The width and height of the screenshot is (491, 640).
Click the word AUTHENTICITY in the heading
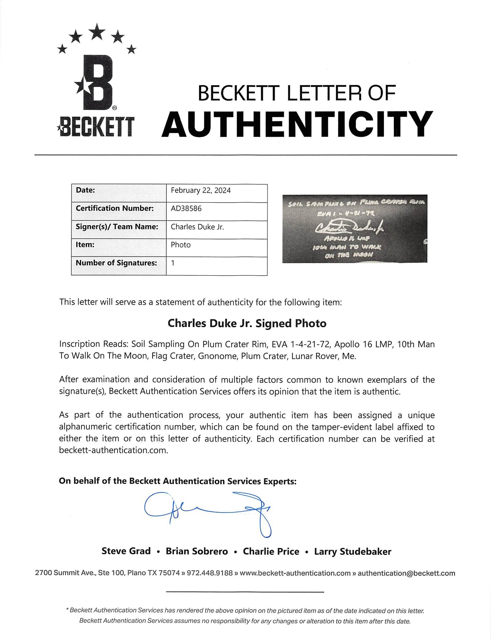click(297, 125)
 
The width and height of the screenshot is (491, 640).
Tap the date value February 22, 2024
click(201, 190)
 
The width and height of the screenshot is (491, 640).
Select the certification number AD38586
click(186, 209)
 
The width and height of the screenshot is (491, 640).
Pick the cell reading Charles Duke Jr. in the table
click(197, 227)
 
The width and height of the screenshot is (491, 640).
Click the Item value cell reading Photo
click(181, 245)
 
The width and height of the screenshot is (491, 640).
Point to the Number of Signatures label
click(116, 263)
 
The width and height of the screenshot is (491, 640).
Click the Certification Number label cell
click(115, 209)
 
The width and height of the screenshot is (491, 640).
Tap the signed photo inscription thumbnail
click(355, 229)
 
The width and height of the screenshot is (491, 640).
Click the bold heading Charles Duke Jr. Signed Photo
click(247, 324)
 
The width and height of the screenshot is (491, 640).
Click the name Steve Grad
click(126, 551)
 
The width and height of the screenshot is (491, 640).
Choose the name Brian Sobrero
click(197, 551)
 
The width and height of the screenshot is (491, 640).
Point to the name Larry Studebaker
click(353, 551)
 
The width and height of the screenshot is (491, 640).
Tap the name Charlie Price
click(271, 551)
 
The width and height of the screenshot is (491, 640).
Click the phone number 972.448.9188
click(209, 573)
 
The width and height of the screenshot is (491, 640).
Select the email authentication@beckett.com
click(406, 573)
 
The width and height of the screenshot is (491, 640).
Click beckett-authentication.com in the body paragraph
click(113, 450)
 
